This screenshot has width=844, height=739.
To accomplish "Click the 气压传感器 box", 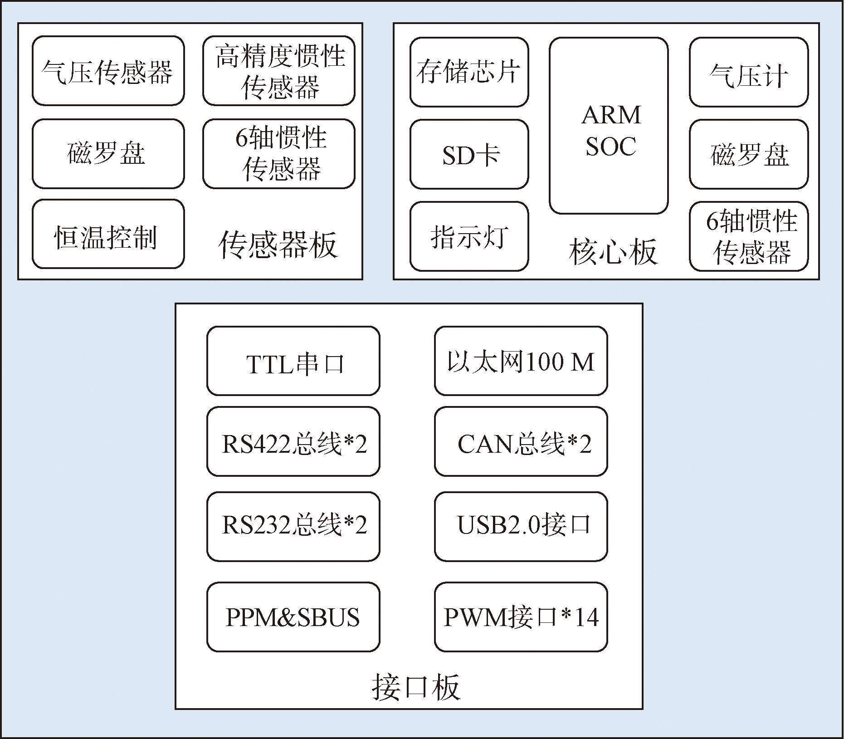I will [108, 71].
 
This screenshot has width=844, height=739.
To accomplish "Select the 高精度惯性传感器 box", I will [278, 71].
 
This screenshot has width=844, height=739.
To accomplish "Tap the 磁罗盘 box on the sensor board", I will [108, 154].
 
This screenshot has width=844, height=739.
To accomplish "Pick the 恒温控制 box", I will [108, 234].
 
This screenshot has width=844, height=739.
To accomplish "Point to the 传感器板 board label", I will [278, 245].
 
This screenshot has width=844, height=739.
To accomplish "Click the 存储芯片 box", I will [469, 72].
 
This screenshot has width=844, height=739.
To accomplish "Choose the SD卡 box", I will [469, 154].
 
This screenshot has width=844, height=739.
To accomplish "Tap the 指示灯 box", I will [469, 236].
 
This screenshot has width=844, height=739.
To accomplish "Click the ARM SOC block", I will [609, 126].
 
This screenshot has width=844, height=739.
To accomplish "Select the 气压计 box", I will [748, 72].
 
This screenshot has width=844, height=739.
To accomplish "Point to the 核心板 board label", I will [613, 252].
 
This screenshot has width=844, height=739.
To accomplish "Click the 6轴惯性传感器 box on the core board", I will [748, 236].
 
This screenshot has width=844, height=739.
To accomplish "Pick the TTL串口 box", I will [293, 361].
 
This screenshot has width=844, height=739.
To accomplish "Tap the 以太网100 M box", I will [521, 361].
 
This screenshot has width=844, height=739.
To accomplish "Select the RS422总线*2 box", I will [293, 442].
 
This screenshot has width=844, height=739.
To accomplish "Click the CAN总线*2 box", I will [521, 442].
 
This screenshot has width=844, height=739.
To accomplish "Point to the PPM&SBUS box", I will [293, 617].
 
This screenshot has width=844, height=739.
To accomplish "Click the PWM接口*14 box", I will [521, 617].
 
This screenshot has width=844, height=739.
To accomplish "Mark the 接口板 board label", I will [416, 686].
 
